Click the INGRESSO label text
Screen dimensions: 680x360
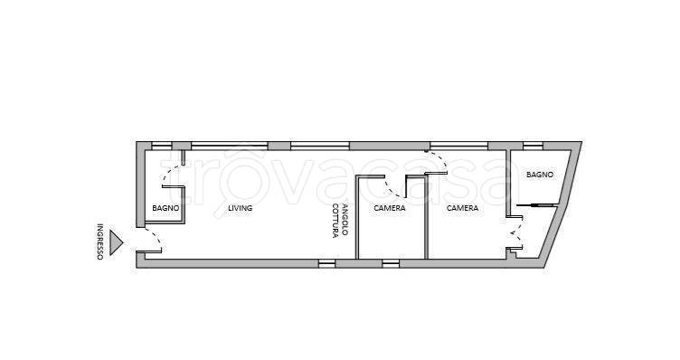click(99, 242)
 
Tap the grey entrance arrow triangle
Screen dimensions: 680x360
click(116, 242)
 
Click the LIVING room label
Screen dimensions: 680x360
click(241, 208)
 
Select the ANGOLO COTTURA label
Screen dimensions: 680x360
click(340, 221)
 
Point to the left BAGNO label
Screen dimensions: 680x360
click(165, 208)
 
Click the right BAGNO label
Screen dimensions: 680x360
click(540, 175)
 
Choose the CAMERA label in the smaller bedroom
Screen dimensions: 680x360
click(390, 208)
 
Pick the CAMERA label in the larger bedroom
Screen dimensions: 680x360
click(462, 208)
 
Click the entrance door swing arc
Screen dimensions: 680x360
click(156, 234)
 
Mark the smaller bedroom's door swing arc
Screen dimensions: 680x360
click(391, 191)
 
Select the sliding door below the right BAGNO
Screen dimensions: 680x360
click(536, 204)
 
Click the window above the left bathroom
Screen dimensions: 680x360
click(161, 146)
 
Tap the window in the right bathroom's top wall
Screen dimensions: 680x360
click(533, 146)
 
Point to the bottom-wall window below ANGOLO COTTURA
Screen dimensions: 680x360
click(327, 263)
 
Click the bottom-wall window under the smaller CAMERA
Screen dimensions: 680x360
click(391, 263)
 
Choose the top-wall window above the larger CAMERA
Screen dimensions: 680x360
click(459, 146)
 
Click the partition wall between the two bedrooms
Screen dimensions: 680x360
click(426, 217)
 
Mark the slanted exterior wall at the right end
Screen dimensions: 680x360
click(563, 204)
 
